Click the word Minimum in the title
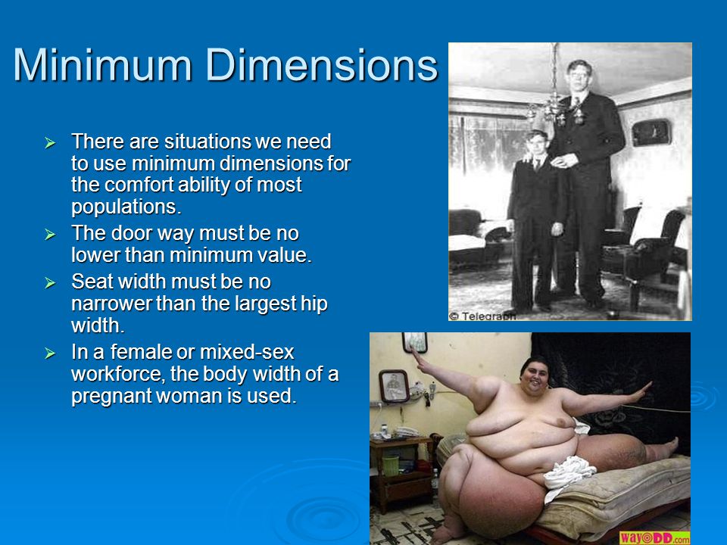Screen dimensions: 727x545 point(102,64)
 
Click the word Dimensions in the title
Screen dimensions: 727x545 point(321,64)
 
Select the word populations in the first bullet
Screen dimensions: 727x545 point(126,207)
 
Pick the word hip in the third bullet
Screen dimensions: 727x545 point(314,304)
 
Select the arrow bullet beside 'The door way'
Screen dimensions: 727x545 point(50,235)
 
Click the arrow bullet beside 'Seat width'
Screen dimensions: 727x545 point(50,282)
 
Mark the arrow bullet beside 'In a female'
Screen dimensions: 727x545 point(50,353)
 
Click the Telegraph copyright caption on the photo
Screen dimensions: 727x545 point(482,316)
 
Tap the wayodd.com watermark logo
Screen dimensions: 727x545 point(654,537)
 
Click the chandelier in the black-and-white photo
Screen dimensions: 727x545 point(554,100)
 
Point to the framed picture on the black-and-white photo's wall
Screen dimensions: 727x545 point(651,132)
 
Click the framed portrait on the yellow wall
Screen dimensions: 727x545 point(394,385)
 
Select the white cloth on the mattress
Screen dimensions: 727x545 point(569,472)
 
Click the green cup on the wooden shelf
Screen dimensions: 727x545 point(391,466)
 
